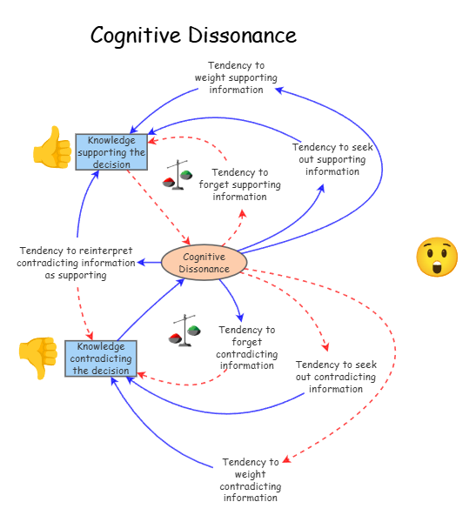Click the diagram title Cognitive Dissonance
[193, 36]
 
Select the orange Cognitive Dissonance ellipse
[204, 263]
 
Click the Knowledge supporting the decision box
[111, 152]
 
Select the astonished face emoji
[436, 257]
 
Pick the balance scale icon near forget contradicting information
[184, 331]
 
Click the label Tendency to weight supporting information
[236, 77]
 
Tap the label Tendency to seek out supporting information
[332, 159]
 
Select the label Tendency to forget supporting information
[239, 184]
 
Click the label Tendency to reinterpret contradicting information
[76, 263]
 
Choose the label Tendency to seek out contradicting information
[336, 377]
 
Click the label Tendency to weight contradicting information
[250, 479]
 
